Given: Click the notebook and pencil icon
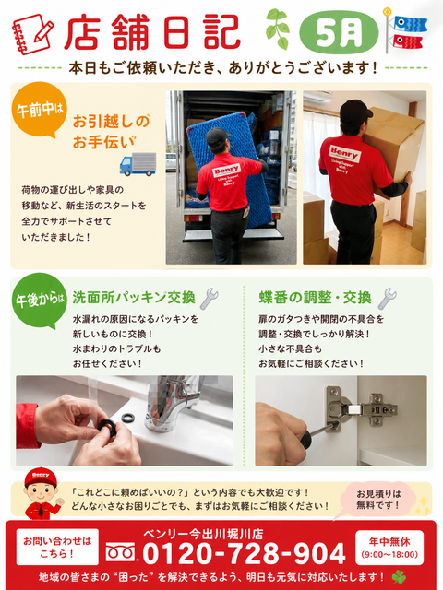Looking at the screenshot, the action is [33, 35].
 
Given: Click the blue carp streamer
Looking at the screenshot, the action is [410, 24].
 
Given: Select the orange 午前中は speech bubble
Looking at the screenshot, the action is [38, 110].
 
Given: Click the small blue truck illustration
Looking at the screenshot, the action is [138, 164].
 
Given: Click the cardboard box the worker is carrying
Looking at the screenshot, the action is [394, 141].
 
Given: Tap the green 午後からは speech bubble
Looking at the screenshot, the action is [39, 301].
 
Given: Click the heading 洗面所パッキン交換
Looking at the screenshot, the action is [134, 298].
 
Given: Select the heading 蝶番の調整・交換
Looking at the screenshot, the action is [316, 298].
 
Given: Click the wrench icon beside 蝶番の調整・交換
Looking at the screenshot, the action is [388, 299].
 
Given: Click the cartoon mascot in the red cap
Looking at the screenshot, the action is [41, 493].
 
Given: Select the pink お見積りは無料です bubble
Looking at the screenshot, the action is [377, 500].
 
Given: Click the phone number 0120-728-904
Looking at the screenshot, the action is [244, 554].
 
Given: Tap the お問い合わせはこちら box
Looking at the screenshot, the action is [57, 547].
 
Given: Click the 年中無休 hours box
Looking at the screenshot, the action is [389, 547].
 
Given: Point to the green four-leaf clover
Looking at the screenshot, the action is [400, 576].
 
